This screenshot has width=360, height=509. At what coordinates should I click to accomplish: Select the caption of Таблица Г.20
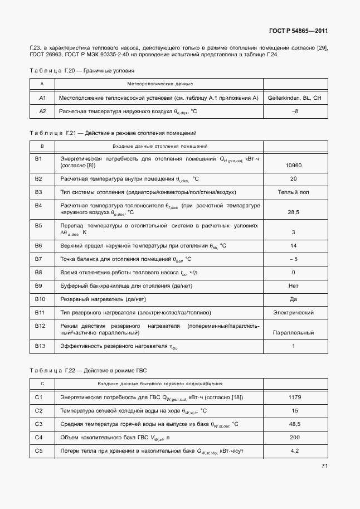tap(81, 71)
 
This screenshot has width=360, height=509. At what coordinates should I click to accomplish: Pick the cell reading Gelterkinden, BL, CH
tap(294, 98)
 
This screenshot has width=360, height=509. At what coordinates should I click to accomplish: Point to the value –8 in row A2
tap(294, 112)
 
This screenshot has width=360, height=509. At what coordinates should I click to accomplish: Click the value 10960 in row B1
tap(293, 166)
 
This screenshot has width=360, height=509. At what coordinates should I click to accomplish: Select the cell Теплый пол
tap(294, 192)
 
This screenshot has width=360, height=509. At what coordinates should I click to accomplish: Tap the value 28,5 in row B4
tap(293, 212)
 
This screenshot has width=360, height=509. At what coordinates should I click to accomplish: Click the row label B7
tap(38, 259)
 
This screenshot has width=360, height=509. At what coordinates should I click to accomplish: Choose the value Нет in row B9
tap(293, 286)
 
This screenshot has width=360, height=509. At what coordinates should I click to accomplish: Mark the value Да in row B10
tap(293, 299)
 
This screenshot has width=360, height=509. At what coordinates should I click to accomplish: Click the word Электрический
tap(294, 313)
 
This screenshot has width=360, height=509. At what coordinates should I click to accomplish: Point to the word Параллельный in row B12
tap(293, 333)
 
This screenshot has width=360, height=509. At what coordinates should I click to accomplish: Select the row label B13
tap(39, 346)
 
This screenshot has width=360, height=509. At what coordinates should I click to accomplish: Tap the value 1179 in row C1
tap(294, 397)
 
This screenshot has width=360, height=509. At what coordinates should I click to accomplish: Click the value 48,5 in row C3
tap(294, 424)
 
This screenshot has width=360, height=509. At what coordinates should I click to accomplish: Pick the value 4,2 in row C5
tap(294, 450)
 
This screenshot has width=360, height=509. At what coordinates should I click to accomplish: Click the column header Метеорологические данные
tap(160, 84)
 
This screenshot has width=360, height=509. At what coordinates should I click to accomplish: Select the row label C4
tap(38, 438)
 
